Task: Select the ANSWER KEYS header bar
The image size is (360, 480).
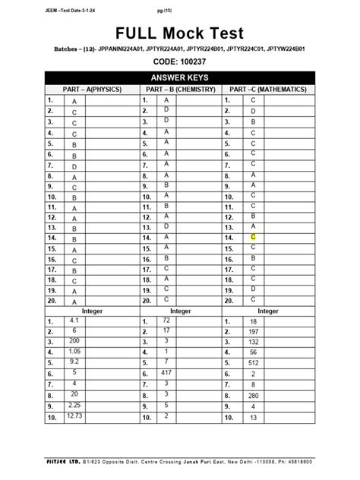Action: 180,78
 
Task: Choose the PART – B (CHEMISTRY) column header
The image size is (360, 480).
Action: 180,90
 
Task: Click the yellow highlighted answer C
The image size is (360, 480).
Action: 253,238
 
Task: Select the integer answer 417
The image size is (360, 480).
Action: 166,374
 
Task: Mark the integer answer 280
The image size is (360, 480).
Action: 253,396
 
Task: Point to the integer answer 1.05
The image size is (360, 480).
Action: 74,352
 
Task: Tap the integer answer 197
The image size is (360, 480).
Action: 253,332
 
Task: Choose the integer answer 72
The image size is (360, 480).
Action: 166,321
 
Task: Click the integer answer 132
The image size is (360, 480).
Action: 253,343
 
